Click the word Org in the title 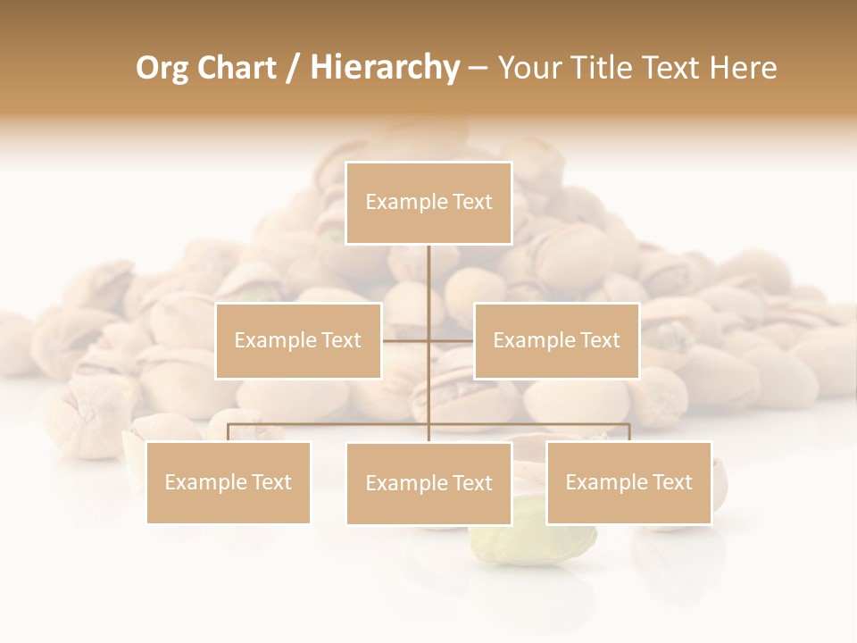tap(162, 68)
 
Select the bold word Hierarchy tap(384, 68)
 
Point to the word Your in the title tap(527, 68)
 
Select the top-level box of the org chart tap(428, 203)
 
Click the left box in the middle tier tap(298, 340)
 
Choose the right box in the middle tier tap(556, 340)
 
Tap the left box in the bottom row tap(229, 482)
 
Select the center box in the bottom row tap(428, 483)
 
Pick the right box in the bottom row tap(628, 482)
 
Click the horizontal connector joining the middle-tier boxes tap(406, 340)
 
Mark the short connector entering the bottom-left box tap(229, 432)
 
